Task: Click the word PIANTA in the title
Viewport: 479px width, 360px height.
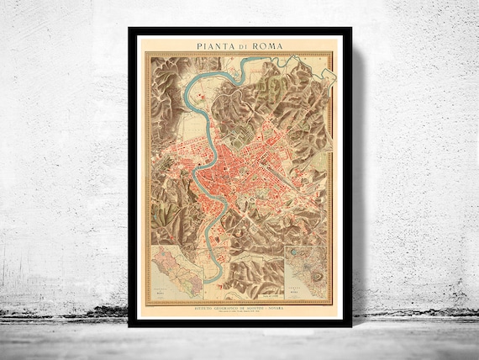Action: click(x=216, y=47)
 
